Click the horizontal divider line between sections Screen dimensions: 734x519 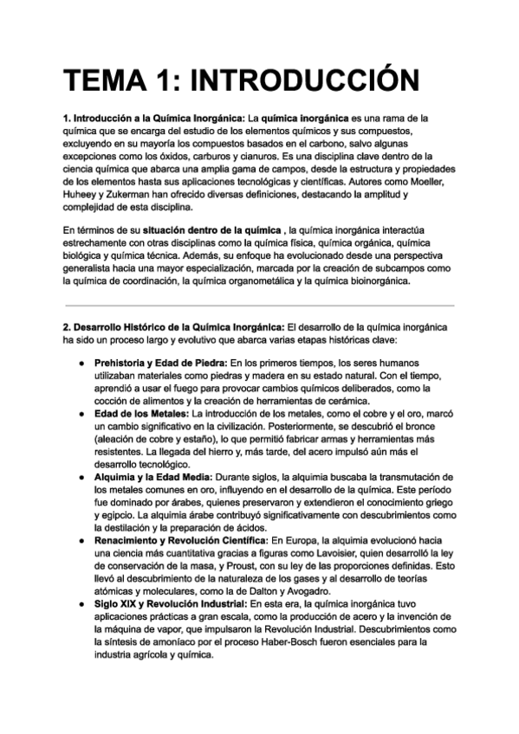click(258, 306)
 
